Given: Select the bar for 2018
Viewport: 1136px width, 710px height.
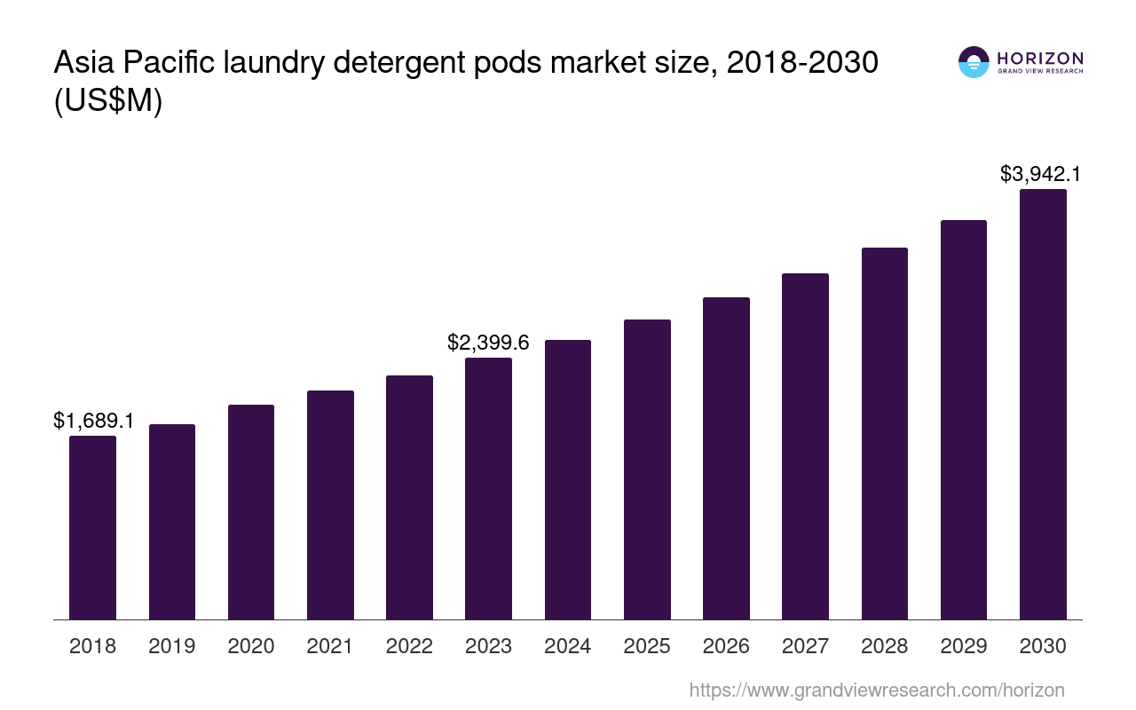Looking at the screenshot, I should (x=92, y=527).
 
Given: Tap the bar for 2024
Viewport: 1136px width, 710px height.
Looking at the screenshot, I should (x=568, y=479).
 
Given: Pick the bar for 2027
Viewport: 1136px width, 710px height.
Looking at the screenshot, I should (x=805, y=446).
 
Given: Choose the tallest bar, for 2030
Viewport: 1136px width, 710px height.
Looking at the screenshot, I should (x=1043, y=404).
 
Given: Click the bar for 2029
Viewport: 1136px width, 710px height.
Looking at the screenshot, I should (x=964, y=419).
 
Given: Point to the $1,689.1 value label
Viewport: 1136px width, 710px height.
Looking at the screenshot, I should (x=94, y=421).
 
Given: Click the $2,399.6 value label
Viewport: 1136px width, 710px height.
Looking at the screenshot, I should (x=488, y=343).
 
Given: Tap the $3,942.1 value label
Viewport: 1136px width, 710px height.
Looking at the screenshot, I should (x=1041, y=174).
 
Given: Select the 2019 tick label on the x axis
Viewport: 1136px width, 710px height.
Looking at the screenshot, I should (x=171, y=646).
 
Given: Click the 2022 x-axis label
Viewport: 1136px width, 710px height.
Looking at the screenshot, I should (x=409, y=646).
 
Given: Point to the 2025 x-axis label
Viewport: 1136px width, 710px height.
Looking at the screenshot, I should (x=647, y=646).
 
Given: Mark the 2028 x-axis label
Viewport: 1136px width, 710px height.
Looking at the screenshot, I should (x=884, y=646).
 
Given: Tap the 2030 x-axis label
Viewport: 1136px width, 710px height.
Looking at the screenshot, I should (x=1043, y=646).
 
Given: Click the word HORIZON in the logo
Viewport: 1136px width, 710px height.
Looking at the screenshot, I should (x=1040, y=58).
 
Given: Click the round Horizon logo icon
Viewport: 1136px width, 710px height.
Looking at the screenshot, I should (x=974, y=62).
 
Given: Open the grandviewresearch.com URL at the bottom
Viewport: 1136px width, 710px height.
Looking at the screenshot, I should (x=876, y=690).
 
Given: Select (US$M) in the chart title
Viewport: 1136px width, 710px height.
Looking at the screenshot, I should (x=108, y=101).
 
